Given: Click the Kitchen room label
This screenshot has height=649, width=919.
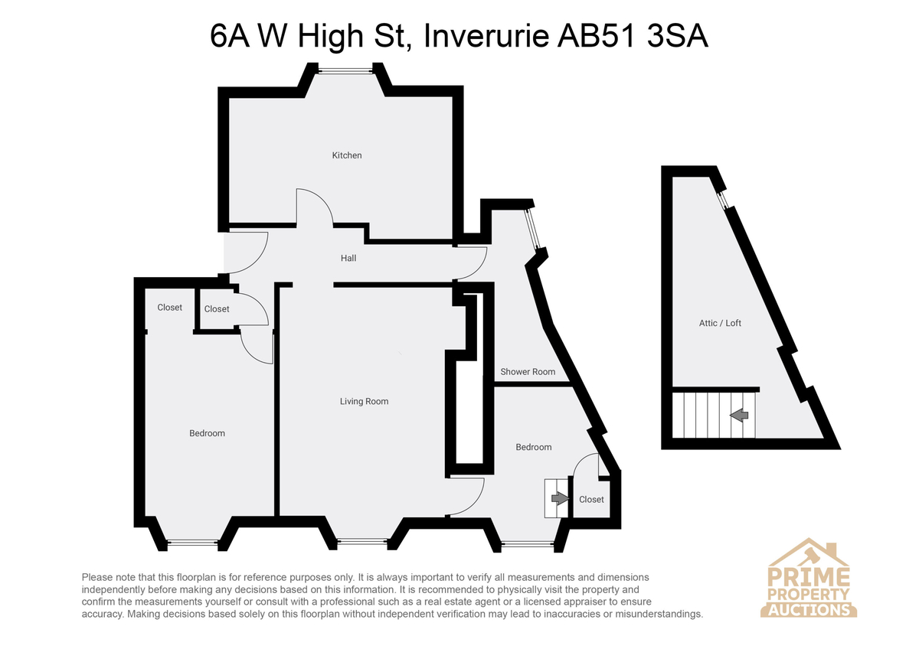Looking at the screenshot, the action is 347,155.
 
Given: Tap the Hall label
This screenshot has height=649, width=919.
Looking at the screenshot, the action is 348,258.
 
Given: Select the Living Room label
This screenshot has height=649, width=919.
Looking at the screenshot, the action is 364,401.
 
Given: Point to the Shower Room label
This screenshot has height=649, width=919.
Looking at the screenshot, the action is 528,372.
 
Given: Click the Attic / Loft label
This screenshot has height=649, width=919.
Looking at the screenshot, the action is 720,323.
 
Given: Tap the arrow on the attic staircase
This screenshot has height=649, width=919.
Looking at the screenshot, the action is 739,416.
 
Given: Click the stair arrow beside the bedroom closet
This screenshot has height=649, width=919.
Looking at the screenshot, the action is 561,498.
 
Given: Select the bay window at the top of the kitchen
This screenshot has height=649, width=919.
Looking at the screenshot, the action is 345,71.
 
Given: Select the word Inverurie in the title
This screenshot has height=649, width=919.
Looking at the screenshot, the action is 486,37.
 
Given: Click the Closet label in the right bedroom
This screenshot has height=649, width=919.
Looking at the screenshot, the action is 591,499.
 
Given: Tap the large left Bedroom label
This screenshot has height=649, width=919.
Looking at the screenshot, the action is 207,433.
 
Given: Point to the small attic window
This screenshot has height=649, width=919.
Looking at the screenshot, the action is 722,200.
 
